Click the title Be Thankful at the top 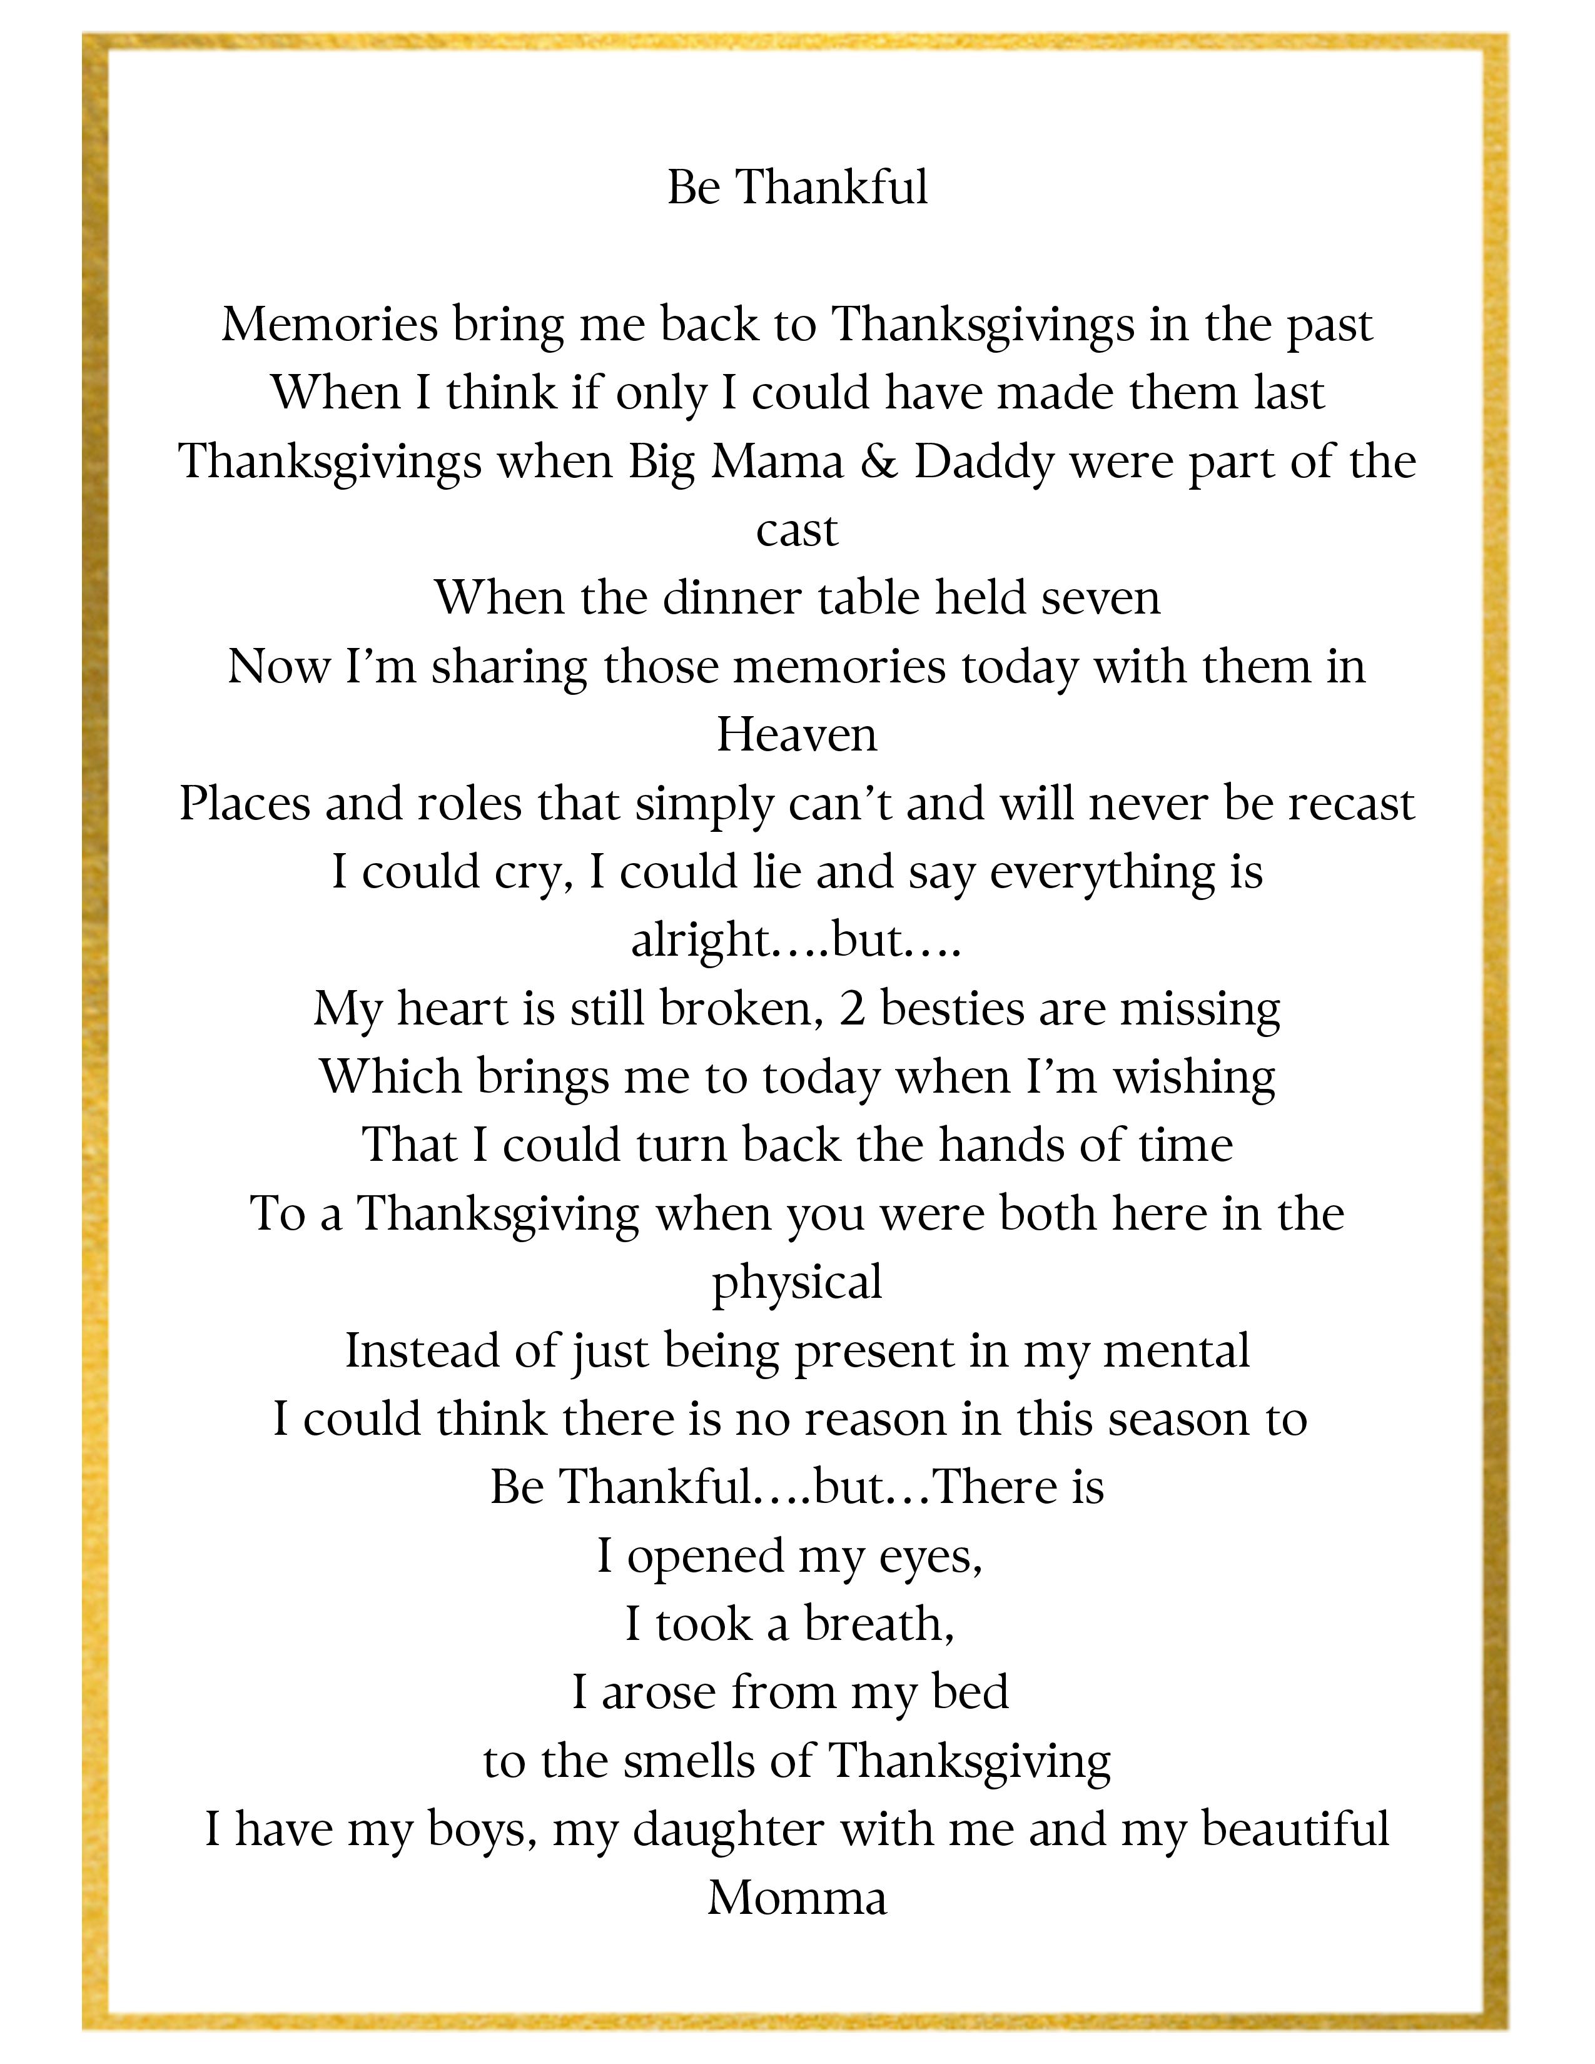point(796,187)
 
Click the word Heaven point(796,734)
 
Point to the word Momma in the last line point(796,1898)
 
